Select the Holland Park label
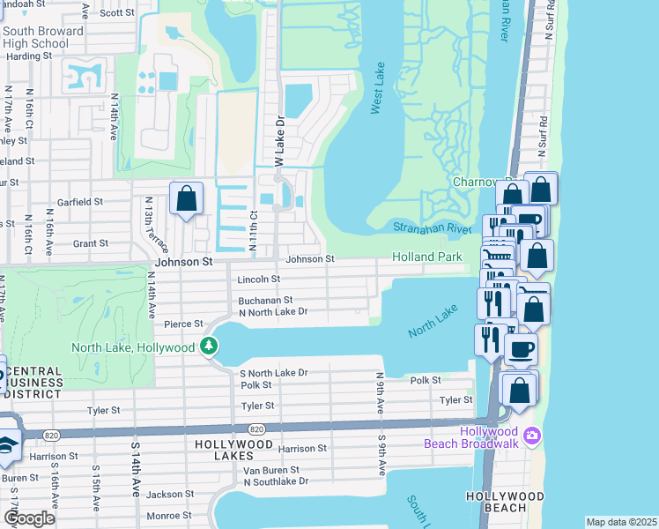pos(427,257)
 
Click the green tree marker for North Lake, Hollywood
pos(209,346)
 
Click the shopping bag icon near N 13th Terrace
pos(187,199)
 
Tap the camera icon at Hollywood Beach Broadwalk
pos(531,436)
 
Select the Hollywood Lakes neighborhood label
pos(224,450)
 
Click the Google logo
pos(29,518)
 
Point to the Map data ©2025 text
pos(620,522)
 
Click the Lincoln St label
pos(258,279)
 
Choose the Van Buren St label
pos(270,470)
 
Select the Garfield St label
pos(80,202)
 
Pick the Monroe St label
pos(168,516)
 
